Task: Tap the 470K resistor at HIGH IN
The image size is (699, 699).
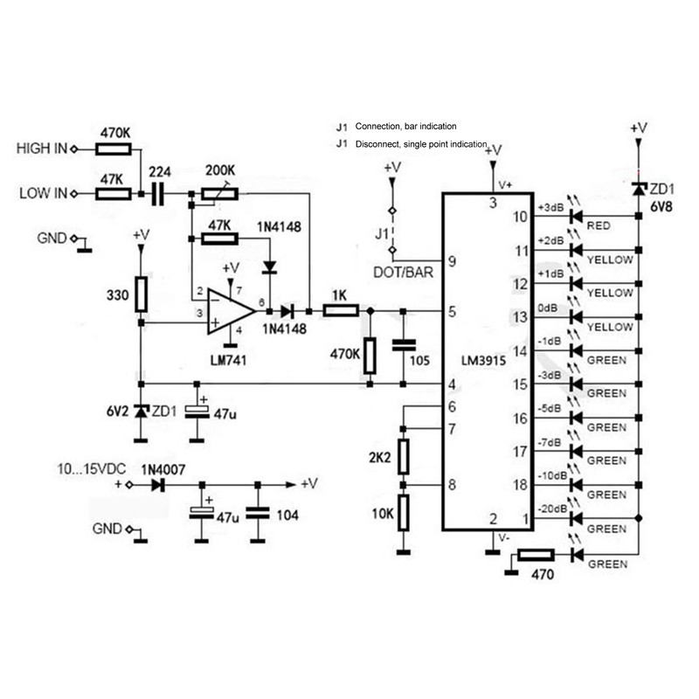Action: pyautogui.click(x=113, y=149)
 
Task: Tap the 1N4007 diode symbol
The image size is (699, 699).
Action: pyautogui.click(x=158, y=483)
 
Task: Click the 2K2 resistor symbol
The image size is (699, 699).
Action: pyautogui.click(x=403, y=456)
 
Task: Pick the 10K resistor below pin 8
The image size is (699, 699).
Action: pyautogui.click(x=403, y=514)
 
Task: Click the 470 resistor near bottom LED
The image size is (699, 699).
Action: pyautogui.click(x=535, y=555)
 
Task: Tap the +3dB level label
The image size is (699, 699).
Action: pyautogui.click(x=552, y=207)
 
